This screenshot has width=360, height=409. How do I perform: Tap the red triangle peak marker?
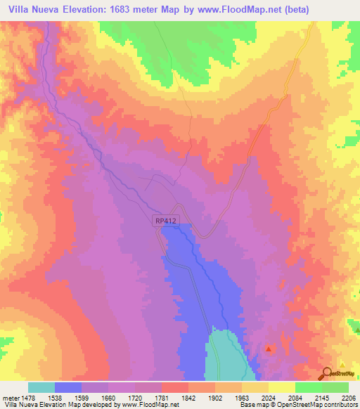(269, 348)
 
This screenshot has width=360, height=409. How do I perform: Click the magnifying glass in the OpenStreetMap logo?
(326, 374)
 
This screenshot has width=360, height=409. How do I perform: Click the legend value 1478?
(29, 398)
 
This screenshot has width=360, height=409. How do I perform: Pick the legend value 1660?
(109, 398)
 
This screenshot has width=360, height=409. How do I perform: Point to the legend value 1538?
(56, 398)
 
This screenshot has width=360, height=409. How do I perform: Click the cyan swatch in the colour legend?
(41, 387)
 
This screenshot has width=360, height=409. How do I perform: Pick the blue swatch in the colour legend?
(68, 387)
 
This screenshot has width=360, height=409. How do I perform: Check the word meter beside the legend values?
(11, 398)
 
